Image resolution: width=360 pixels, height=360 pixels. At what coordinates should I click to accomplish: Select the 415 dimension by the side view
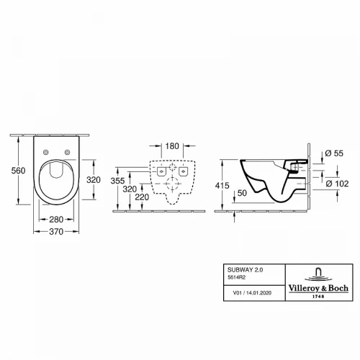point(222,185)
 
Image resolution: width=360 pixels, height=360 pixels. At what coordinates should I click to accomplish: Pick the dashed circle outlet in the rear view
point(171,184)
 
